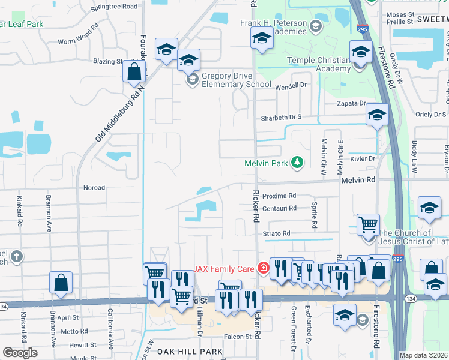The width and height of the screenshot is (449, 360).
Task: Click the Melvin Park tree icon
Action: pyautogui.click(x=296, y=162)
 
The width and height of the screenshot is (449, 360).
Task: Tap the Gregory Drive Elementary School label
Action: pyautogui.click(x=237, y=80)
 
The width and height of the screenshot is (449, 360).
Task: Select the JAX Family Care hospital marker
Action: pyautogui.click(x=262, y=268)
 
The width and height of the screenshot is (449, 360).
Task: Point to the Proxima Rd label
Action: pyautogui.click(x=280, y=196)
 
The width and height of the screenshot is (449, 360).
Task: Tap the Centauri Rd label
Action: pyautogui.click(x=280, y=208)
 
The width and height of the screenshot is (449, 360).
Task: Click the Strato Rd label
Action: pyautogui.click(x=276, y=233)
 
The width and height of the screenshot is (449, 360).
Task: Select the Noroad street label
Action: pyautogui.click(x=94, y=187)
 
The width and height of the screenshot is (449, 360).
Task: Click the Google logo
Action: pyautogui.click(x=20, y=352)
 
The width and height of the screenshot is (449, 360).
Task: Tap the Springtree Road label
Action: pyautogui.click(x=113, y=7)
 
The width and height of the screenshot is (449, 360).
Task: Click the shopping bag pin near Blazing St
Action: pyautogui.click(x=134, y=71)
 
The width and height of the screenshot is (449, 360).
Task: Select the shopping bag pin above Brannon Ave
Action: pyautogui.click(x=61, y=283)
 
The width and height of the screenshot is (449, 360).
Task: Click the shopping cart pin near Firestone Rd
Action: pyautogui.click(x=368, y=225)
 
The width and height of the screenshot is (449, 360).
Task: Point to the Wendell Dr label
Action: pyautogui.click(x=291, y=86)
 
